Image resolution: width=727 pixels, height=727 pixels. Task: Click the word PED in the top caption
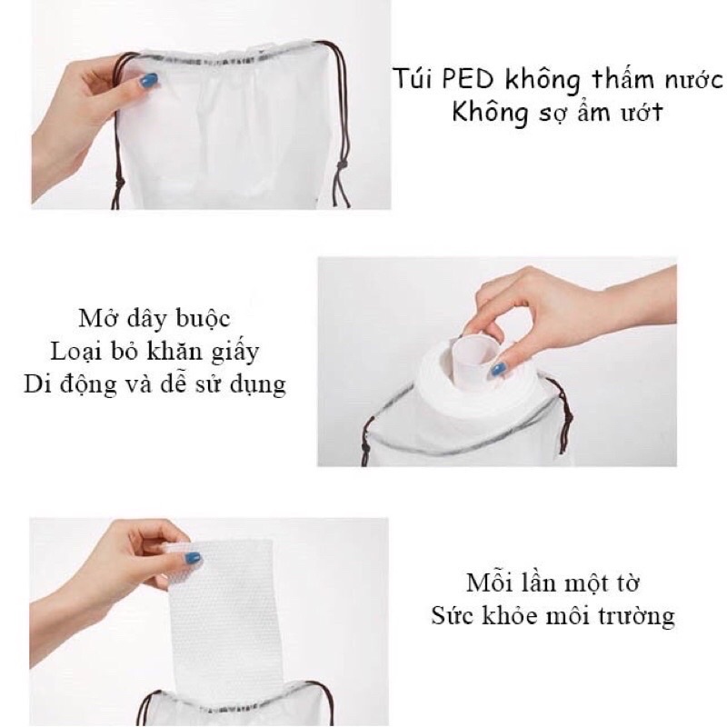pyautogui.click(x=467, y=79)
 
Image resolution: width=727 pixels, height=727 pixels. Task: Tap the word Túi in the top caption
pyautogui.click(x=413, y=78)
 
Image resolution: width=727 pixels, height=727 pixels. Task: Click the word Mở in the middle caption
pyautogui.click(x=95, y=318)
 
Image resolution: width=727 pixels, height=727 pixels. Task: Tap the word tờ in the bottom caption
pyautogui.click(x=627, y=583)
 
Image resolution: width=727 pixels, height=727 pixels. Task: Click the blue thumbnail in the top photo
pyautogui.click(x=148, y=81)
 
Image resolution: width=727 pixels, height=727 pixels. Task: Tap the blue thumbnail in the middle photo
pyautogui.click(x=497, y=370)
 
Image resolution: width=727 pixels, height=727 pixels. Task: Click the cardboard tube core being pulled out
pyautogui.click(x=472, y=357)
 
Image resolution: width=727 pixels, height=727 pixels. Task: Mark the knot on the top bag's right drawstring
pyautogui.click(x=343, y=164)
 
